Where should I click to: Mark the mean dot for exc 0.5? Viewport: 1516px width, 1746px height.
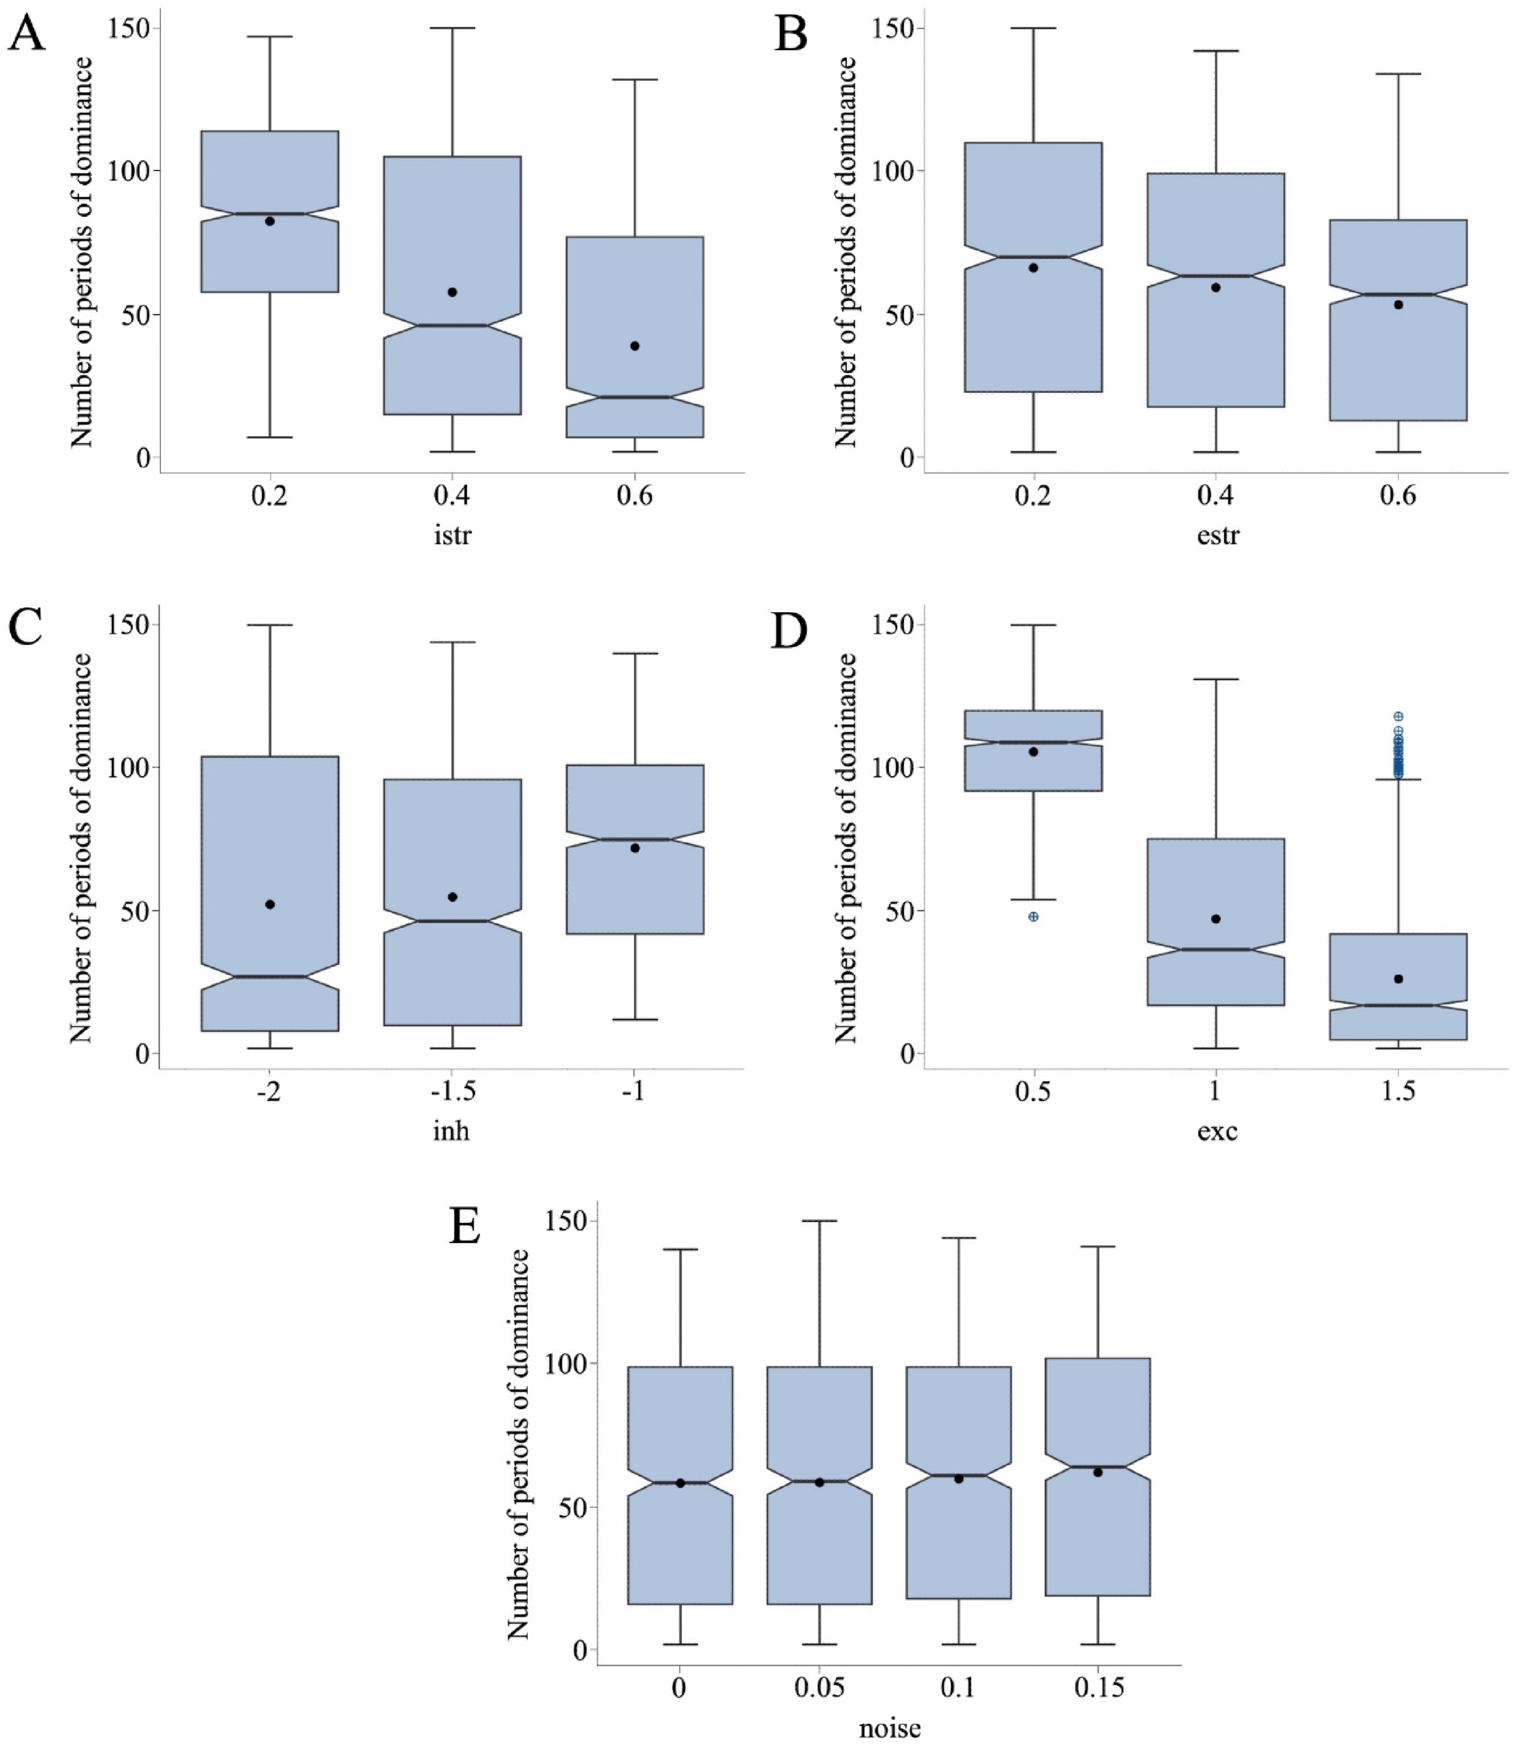pyautogui.click(x=1033, y=751)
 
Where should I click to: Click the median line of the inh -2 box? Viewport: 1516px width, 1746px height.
pyautogui.click(x=270, y=977)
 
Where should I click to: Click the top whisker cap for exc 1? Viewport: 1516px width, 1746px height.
pyautogui.click(x=1216, y=679)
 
